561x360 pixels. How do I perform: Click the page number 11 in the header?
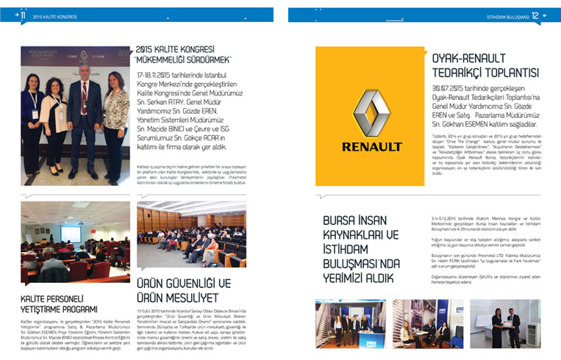point(23,15)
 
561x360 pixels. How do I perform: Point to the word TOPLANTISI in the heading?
point(507,73)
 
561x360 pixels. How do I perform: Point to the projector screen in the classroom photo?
point(71,234)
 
